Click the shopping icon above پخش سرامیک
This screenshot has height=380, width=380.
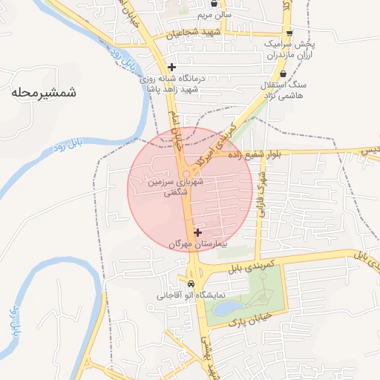pyautogui.click(x=290, y=33)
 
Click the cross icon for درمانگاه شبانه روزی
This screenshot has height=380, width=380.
pyautogui.click(x=172, y=67)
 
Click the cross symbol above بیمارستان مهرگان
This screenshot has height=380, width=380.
pyautogui.click(x=197, y=232)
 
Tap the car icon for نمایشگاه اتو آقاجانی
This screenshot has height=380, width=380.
pyautogui.click(x=191, y=284)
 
